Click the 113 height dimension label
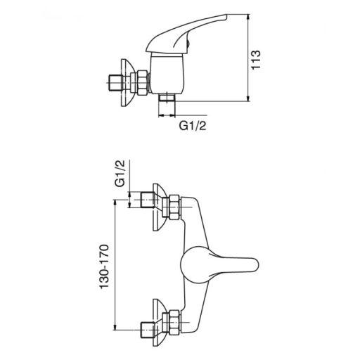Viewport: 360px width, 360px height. click(256, 60)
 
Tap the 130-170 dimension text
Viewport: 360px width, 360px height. click(104, 266)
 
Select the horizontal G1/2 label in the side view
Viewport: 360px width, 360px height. click(193, 126)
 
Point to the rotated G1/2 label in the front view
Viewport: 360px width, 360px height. click(120, 174)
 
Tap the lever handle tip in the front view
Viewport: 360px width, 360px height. click(257, 265)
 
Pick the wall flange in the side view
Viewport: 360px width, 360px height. click(127, 83)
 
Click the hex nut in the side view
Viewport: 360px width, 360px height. click(142, 82)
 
